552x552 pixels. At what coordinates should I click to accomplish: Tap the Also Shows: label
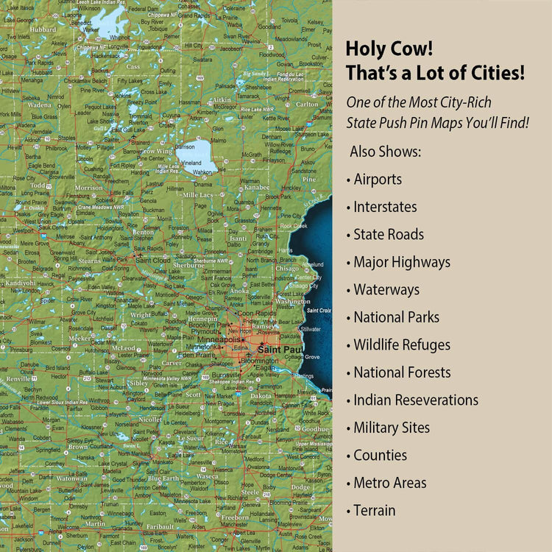coord(386,152)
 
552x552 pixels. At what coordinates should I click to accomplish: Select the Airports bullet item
coord(378,179)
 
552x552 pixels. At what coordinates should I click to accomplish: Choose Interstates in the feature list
coord(385,207)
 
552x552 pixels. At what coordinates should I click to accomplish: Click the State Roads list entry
coord(389,234)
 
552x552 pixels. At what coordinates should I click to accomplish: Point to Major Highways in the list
coord(402,262)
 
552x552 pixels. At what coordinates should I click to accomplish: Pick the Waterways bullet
coord(386,289)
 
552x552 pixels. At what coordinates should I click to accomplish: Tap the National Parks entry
coord(396,317)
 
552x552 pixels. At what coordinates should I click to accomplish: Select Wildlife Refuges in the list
coord(402,344)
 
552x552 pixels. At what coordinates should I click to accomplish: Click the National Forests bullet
coord(402,372)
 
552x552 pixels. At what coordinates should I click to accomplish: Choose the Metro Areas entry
coord(389,483)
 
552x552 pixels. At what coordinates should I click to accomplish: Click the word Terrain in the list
coord(374,510)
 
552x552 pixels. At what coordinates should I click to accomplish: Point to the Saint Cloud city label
coord(153,260)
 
